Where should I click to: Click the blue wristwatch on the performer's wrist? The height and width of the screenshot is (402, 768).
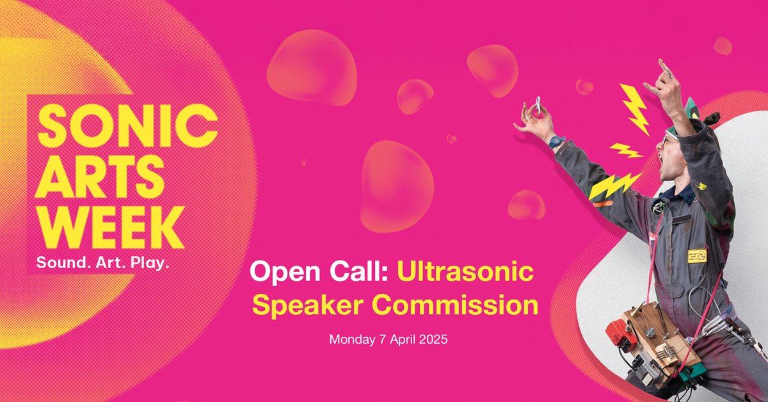556,141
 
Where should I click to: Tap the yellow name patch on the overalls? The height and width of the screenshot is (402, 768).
697,255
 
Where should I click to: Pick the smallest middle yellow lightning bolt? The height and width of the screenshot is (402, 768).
626,150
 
